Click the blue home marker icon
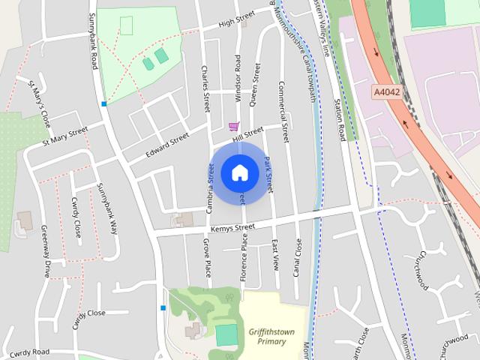click(x=239, y=172)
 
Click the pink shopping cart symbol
click(x=234, y=127)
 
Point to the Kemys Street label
click(x=232, y=228)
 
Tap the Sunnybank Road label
click(x=92, y=41)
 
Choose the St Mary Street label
click(x=65, y=135)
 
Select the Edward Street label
click(x=166, y=145)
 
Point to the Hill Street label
click(x=247, y=133)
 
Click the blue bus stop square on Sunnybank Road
click(x=104, y=103)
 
